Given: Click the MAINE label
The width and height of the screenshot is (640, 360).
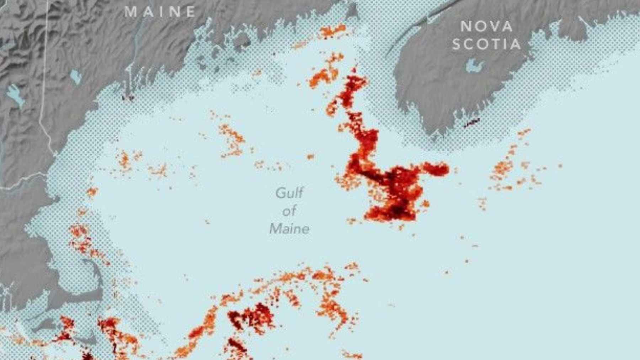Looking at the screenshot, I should (160, 12).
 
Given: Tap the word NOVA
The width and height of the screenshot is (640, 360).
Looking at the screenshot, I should (486, 27).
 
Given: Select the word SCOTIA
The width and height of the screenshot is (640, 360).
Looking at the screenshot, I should (486, 44).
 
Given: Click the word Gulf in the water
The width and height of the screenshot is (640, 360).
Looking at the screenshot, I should (289, 193).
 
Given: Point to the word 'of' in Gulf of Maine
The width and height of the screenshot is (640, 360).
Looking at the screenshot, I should (289, 211).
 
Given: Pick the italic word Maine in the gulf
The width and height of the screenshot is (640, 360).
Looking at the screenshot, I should (289, 229).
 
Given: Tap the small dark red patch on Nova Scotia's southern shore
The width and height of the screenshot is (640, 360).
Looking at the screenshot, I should (471, 123).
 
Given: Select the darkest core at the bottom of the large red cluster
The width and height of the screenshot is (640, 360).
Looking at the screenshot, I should (398, 210).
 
